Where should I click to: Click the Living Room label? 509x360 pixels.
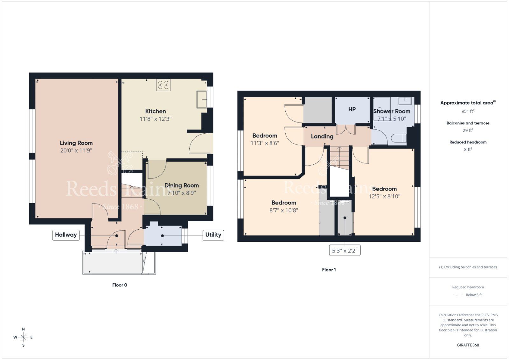76,143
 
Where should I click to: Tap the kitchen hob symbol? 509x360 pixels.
163,85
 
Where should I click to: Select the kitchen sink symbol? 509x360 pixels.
202,99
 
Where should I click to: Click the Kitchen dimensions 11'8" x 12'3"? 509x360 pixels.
155,119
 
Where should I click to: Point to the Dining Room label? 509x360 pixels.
181,185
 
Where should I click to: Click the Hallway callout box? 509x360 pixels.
66,235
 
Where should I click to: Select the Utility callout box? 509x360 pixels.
213,235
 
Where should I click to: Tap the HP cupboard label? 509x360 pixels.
352,109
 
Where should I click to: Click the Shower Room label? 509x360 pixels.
392,111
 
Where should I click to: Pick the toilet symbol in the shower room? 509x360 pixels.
399,138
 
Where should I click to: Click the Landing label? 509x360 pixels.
322,136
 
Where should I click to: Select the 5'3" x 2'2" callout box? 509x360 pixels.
345,251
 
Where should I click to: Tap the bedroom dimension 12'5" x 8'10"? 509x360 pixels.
384,197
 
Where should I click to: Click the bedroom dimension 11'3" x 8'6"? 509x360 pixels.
265,143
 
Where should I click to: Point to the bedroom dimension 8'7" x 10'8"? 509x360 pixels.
283,210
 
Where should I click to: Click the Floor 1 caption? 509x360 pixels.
329,270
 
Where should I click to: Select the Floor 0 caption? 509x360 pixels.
119,285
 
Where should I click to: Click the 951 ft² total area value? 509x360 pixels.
468,111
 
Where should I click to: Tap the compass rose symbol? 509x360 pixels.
23,337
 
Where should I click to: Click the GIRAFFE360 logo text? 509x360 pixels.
468,345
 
